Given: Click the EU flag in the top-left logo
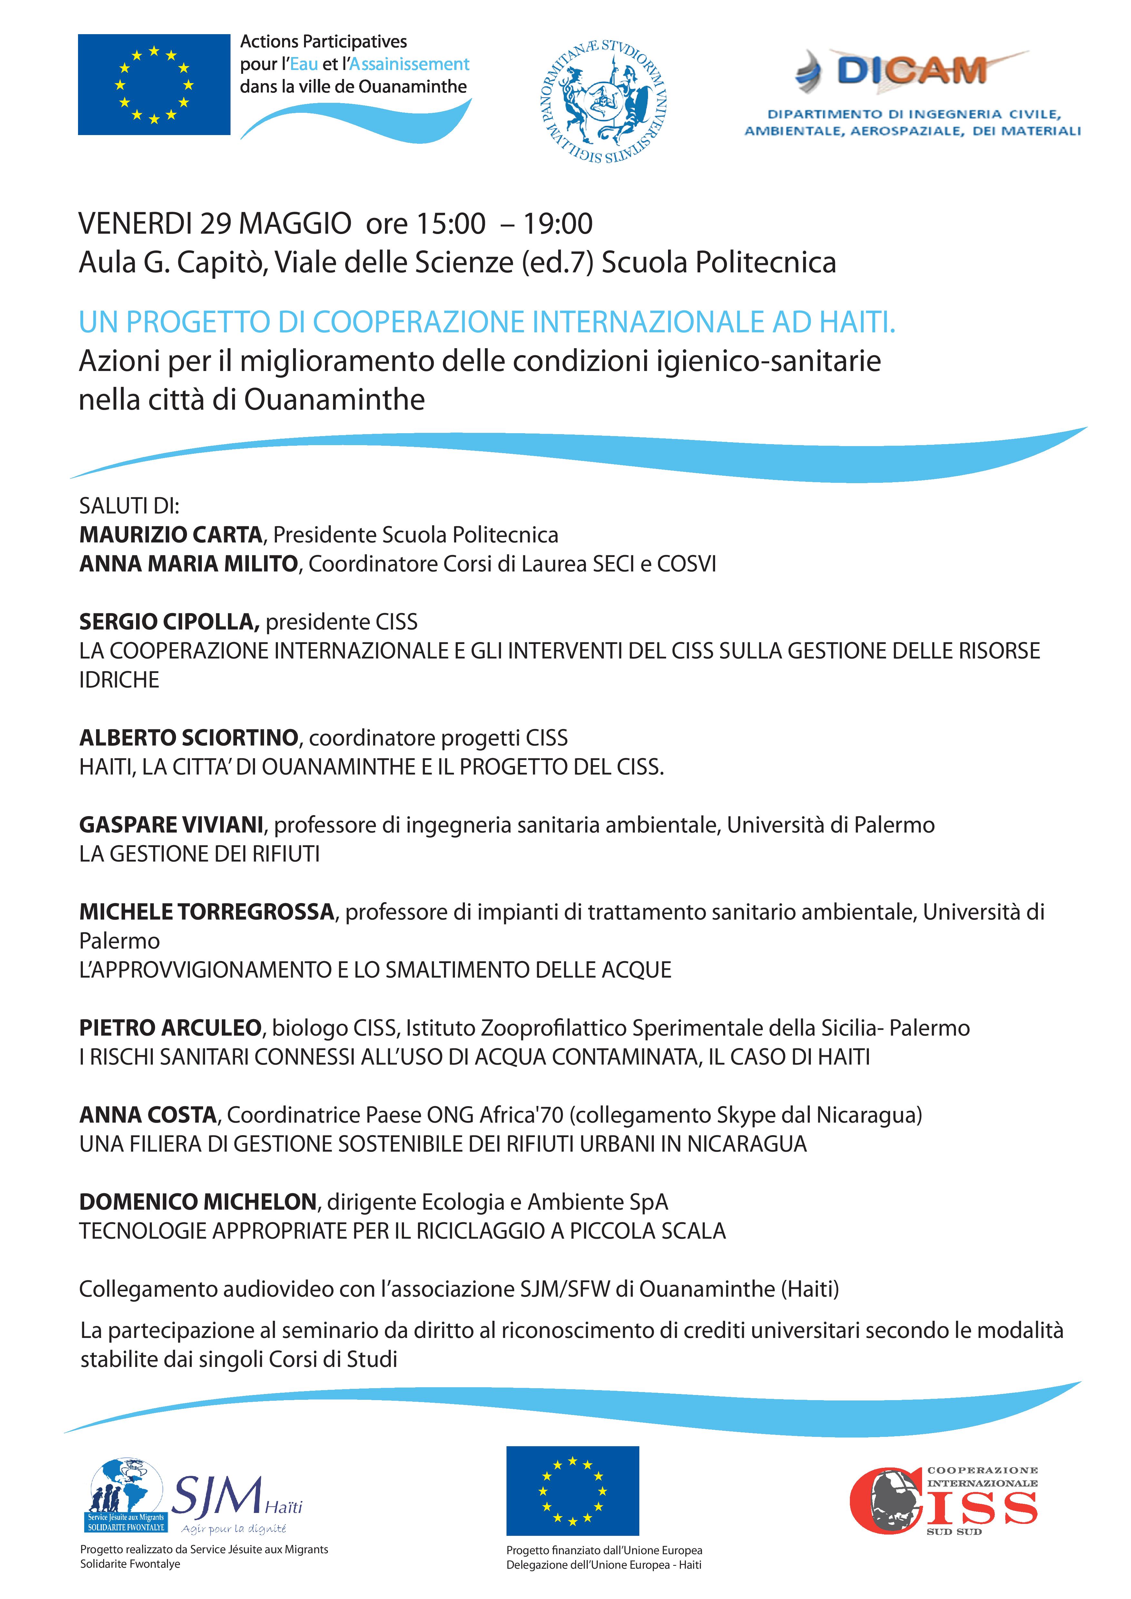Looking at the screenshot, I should (154, 84).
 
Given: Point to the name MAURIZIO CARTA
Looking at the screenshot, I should (171, 535).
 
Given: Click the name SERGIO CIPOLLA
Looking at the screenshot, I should (169, 622).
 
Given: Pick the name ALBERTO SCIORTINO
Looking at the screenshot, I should (189, 737).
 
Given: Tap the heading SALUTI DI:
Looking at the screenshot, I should (130, 506).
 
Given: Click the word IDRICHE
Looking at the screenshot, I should (119, 680).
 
